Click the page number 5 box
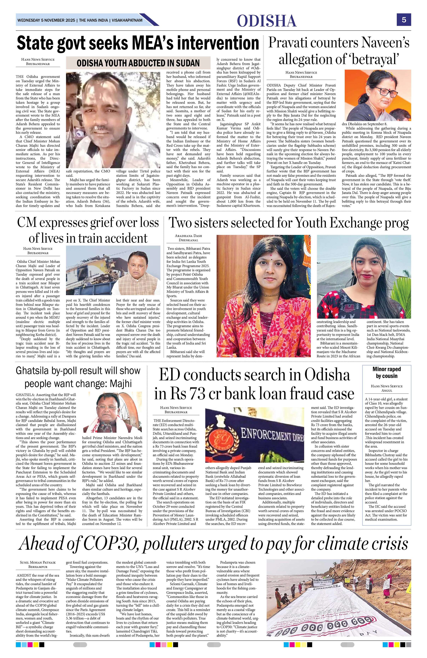tap(404, 20)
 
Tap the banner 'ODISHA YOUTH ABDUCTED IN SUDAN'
tap(138, 63)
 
